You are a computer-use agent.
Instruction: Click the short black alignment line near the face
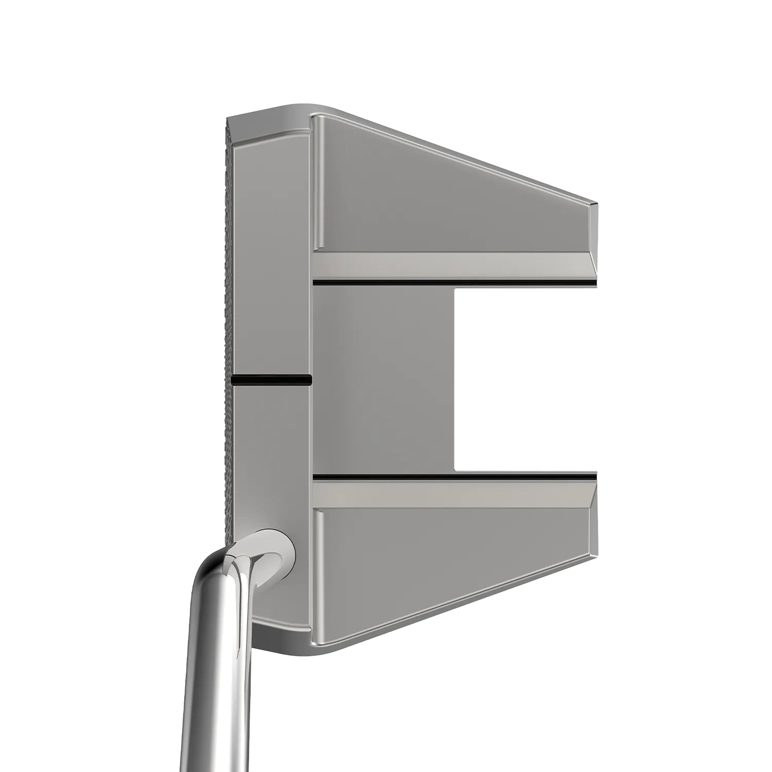click(272, 380)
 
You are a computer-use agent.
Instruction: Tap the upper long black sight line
click(453, 283)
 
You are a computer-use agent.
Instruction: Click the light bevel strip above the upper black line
click(453, 265)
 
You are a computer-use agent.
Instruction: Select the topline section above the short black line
click(272, 257)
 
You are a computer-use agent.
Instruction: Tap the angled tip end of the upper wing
click(593, 237)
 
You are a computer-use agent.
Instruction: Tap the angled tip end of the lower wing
click(593, 522)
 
